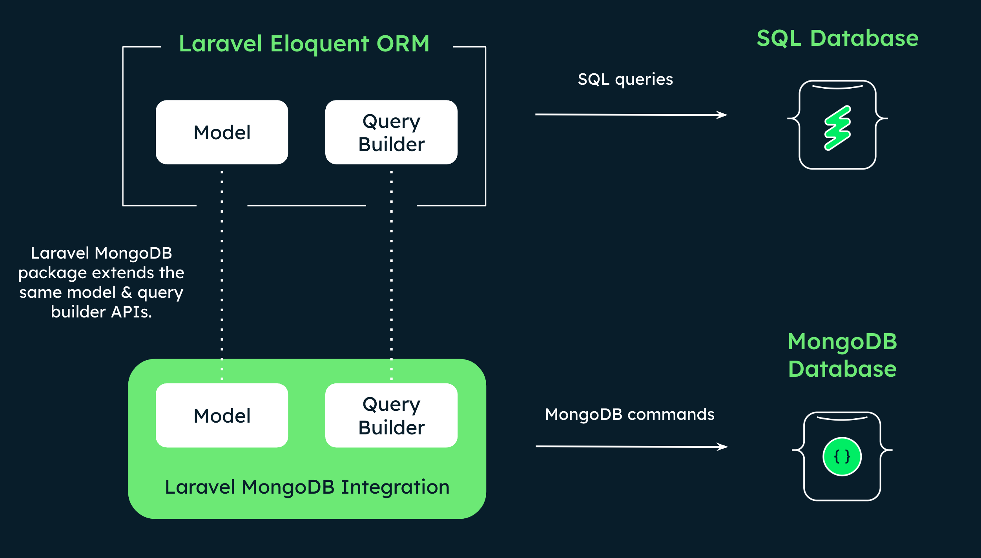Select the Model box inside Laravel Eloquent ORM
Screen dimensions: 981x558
pos(222,132)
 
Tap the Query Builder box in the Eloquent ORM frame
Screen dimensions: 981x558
pos(392,132)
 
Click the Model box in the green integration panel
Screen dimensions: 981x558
pos(222,416)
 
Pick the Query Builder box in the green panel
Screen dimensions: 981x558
pos(392,416)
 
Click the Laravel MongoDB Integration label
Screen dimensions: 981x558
pos(307,487)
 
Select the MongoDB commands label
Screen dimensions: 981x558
pos(630,415)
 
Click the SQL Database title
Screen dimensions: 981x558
pos(838,38)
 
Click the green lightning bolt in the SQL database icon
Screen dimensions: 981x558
pos(837,128)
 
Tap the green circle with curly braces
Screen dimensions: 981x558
pos(842,457)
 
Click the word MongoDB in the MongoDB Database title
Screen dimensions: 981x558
pos(842,341)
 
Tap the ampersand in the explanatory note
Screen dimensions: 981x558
pos(126,293)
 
